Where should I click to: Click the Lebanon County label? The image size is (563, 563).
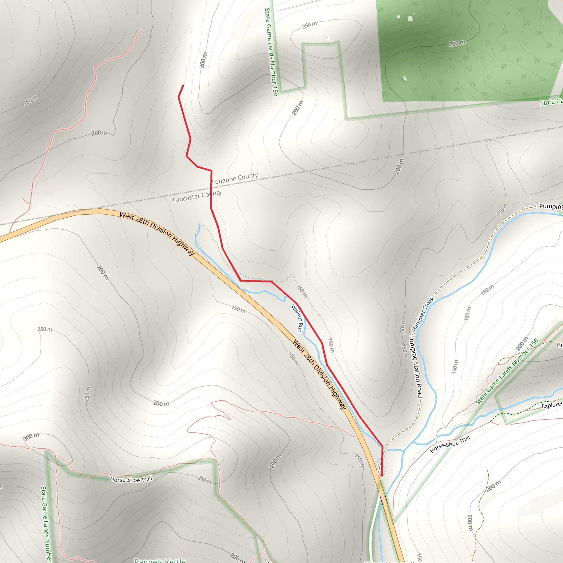pyautogui.click(x=235, y=178)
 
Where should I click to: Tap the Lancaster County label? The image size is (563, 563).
pyautogui.click(x=197, y=196)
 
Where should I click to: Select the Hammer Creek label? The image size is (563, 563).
pyautogui.click(x=423, y=314)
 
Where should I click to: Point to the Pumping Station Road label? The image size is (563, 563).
pyautogui.click(x=416, y=366)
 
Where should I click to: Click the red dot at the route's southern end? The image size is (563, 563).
pyautogui.click(x=382, y=475)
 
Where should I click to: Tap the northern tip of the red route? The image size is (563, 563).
pyautogui.click(x=183, y=85)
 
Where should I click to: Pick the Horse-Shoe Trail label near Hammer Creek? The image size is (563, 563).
pyautogui.click(x=450, y=444)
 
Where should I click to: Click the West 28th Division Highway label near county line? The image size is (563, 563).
pyautogui.click(x=157, y=233)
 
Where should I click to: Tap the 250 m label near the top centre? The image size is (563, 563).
pyautogui.click(x=310, y=25)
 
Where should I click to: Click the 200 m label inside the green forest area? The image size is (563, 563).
pyautogui.click(x=457, y=44)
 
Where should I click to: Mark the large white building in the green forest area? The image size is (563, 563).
pyautogui.click(x=410, y=19)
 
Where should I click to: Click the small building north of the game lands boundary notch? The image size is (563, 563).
pyautogui.click(x=328, y=38)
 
